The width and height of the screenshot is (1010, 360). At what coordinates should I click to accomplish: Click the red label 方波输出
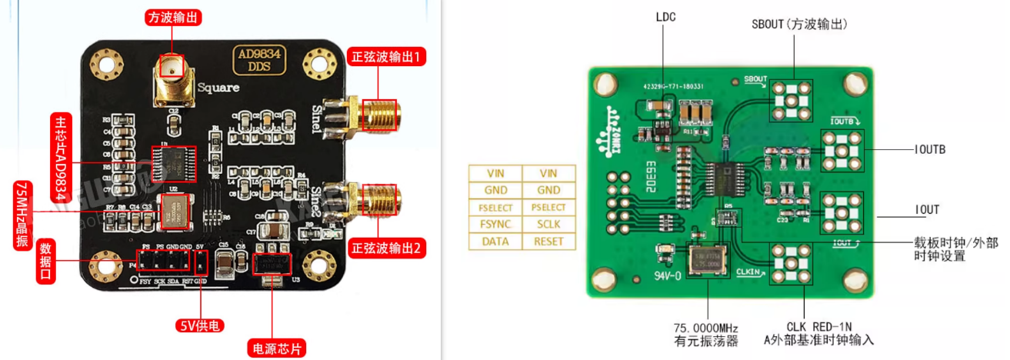(x=175, y=17)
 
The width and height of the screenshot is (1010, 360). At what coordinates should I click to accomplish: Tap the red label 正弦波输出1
(x=388, y=57)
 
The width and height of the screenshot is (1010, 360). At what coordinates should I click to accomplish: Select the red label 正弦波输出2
(x=388, y=248)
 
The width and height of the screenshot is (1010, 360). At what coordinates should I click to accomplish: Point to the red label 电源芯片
(x=276, y=347)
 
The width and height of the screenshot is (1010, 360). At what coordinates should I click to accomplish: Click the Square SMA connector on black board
(x=173, y=81)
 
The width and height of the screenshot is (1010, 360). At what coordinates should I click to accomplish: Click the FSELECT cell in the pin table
(x=495, y=207)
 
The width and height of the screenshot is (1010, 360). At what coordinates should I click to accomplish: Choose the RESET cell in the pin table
(x=548, y=241)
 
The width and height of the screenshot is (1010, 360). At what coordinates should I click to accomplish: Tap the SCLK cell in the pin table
(x=548, y=224)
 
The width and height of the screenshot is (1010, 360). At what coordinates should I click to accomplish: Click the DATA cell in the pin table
(x=495, y=241)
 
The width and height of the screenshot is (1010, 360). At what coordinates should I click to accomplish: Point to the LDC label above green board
(x=665, y=16)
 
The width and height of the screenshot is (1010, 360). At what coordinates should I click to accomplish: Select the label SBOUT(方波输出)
(x=799, y=25)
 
